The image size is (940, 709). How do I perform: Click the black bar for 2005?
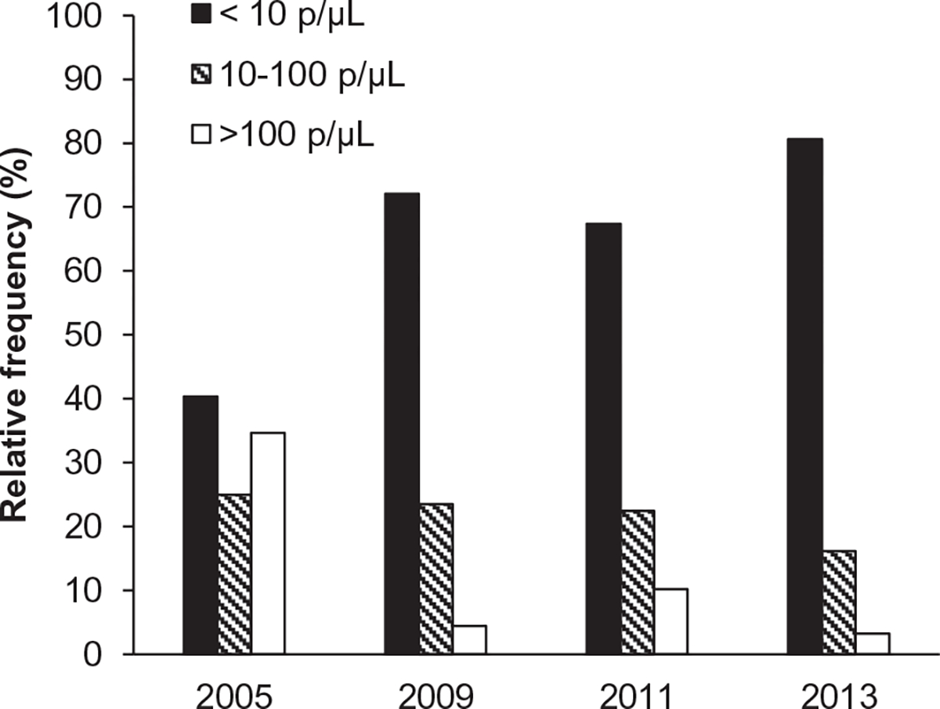201,525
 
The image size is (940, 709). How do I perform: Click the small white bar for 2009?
469,639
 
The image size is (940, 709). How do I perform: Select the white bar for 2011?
671,621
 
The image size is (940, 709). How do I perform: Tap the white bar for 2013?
873,643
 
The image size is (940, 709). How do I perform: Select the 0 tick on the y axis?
128,654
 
